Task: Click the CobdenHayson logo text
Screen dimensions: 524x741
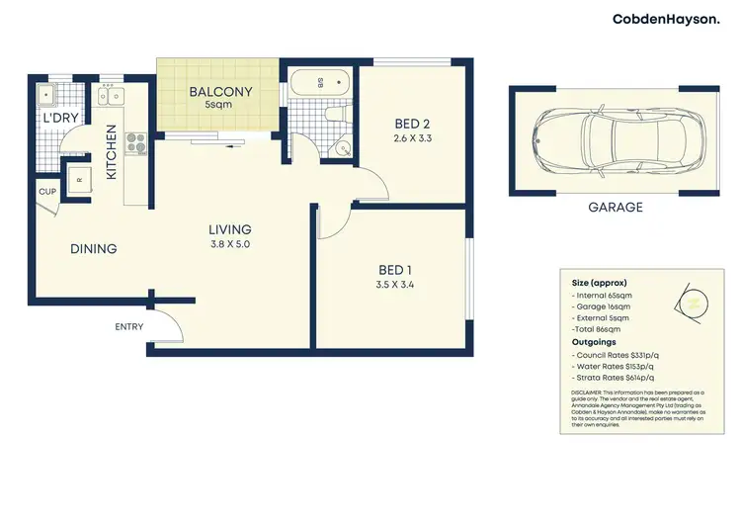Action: [x=666, y=19]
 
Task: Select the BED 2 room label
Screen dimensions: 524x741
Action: [x=412, y=124]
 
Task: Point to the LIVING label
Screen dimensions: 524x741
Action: [x=229, y=229]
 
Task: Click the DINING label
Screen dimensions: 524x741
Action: [x=93, y=249]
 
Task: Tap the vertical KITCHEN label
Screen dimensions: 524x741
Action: [x=112, y=151]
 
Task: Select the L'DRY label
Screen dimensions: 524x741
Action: [x=58, y=119]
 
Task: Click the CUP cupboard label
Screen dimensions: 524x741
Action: [x=46, y=192]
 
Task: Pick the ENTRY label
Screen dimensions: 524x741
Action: [x=128, y=327]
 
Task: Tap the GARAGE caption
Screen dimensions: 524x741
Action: [x=615, y=208]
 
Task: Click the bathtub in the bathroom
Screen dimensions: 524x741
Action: [x=316, y=86]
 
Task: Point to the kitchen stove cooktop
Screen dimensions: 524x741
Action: [x=135, y=142]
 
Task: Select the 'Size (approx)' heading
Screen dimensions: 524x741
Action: [x=599, y=283]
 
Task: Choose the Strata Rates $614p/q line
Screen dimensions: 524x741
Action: [x=617, y=378]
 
